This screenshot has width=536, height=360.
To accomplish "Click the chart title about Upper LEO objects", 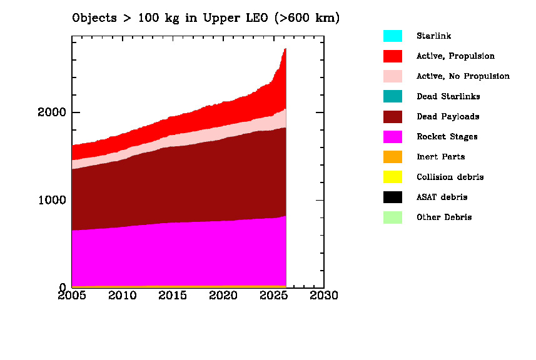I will point(206,18).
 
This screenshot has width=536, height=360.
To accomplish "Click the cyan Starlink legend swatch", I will point(392,36).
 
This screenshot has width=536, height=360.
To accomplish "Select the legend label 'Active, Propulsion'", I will point(455,56).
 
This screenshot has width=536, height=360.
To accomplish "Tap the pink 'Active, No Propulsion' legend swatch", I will point(392,76).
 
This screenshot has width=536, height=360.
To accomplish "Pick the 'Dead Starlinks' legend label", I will point(448,96).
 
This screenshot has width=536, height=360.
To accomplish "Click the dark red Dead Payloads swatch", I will point(392,117).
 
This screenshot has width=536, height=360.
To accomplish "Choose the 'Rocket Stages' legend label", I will point(447,137).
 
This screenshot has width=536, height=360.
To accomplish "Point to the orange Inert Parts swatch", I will point(392,157).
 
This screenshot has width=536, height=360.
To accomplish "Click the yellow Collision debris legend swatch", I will point(392,177).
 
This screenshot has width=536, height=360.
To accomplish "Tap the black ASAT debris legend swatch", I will point(392,197).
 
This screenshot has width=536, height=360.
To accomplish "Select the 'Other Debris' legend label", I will point(444,217).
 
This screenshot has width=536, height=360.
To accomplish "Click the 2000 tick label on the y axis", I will point(52,112).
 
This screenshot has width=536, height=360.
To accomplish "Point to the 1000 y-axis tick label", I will point(52,200).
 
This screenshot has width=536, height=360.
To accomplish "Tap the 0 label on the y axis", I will point(63,287).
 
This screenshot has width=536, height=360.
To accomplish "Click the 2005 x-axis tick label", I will point(73,295).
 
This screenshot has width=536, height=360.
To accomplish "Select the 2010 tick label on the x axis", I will point(123,295).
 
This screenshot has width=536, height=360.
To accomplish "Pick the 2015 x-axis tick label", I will point(173,295).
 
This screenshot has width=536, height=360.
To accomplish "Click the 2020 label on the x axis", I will point(223,295).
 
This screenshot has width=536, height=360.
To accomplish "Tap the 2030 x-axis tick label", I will point(323,295).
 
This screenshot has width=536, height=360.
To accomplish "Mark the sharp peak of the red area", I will point(285,49).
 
